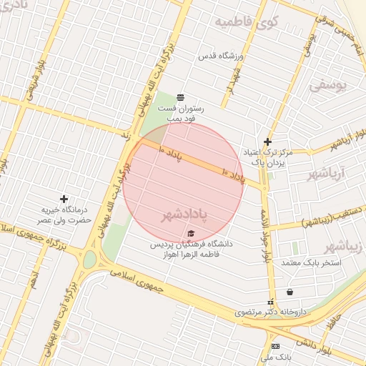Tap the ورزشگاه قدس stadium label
(222, 56)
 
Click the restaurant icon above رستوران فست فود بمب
(179, 97)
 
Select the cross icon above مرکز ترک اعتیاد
(267, 142)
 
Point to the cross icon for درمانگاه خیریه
(64, 198)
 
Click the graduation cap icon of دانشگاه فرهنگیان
(190, 234)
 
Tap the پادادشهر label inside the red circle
(184, 215)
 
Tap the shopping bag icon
(290, 292)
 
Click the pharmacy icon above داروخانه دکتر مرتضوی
(270, 302)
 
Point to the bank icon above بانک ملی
(276, 346)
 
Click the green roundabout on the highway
(89, 259)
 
